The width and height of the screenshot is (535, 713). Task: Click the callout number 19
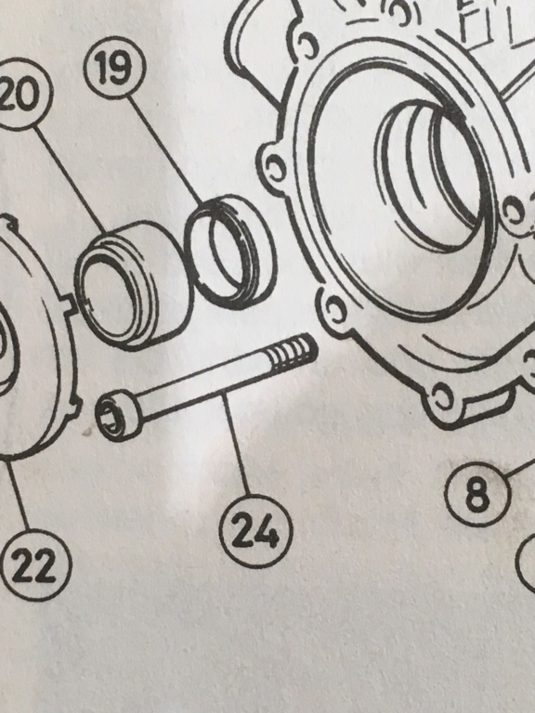(x=114, y=68)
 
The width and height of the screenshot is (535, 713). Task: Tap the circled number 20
(x=20, y=94)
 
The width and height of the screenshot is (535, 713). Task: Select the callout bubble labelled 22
(x=34, y=565)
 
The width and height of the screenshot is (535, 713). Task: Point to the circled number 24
(x=255, y=531)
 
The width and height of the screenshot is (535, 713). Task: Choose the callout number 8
(x=477, y=494)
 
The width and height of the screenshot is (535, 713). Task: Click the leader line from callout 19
(x=165, y=150)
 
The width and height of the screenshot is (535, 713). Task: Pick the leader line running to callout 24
(x=236, y=444)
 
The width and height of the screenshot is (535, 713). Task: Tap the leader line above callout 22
(x=18, y=495)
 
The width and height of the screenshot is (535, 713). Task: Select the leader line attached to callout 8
(x=521, y=468)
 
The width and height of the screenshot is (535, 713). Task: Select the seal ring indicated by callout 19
(x=230, y=252)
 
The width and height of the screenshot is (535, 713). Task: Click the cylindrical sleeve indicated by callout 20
(x=134, y=285)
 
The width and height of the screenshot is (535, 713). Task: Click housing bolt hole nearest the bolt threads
(x=335, y=310)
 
